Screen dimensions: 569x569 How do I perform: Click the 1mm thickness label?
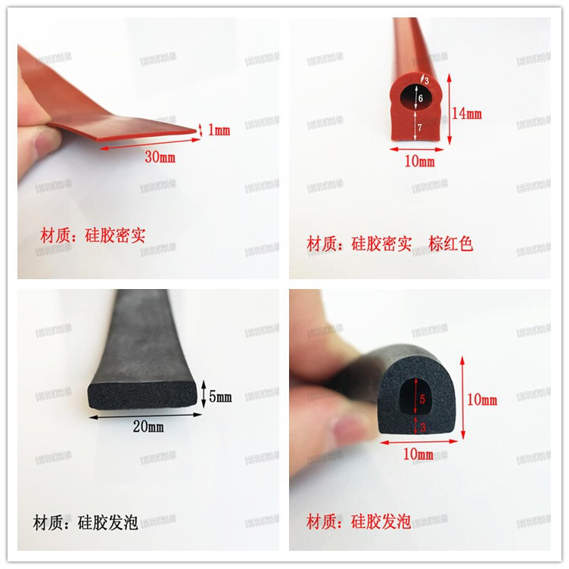tap(219, 130)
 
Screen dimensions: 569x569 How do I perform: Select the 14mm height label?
tap(466, 113)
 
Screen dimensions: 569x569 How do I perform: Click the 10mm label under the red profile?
tap(419, 160)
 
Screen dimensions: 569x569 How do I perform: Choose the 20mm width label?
tap(148, 426)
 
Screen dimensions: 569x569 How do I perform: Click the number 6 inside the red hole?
tap(421, 98)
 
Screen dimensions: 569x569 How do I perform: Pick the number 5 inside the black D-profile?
tap(422, 398)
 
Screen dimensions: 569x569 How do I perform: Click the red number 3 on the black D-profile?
tap(422, 427)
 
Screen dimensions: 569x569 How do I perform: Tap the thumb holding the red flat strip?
tap(34, 136)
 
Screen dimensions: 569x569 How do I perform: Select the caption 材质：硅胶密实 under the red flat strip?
tap(92, 235)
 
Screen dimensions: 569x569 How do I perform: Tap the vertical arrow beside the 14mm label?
tap(450, 108)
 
